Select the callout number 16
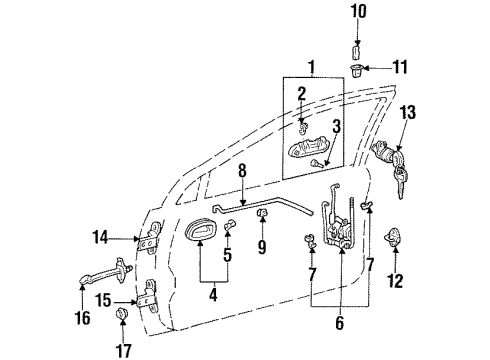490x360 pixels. (x=83, y=319)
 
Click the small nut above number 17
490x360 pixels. (x=122, y=317)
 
